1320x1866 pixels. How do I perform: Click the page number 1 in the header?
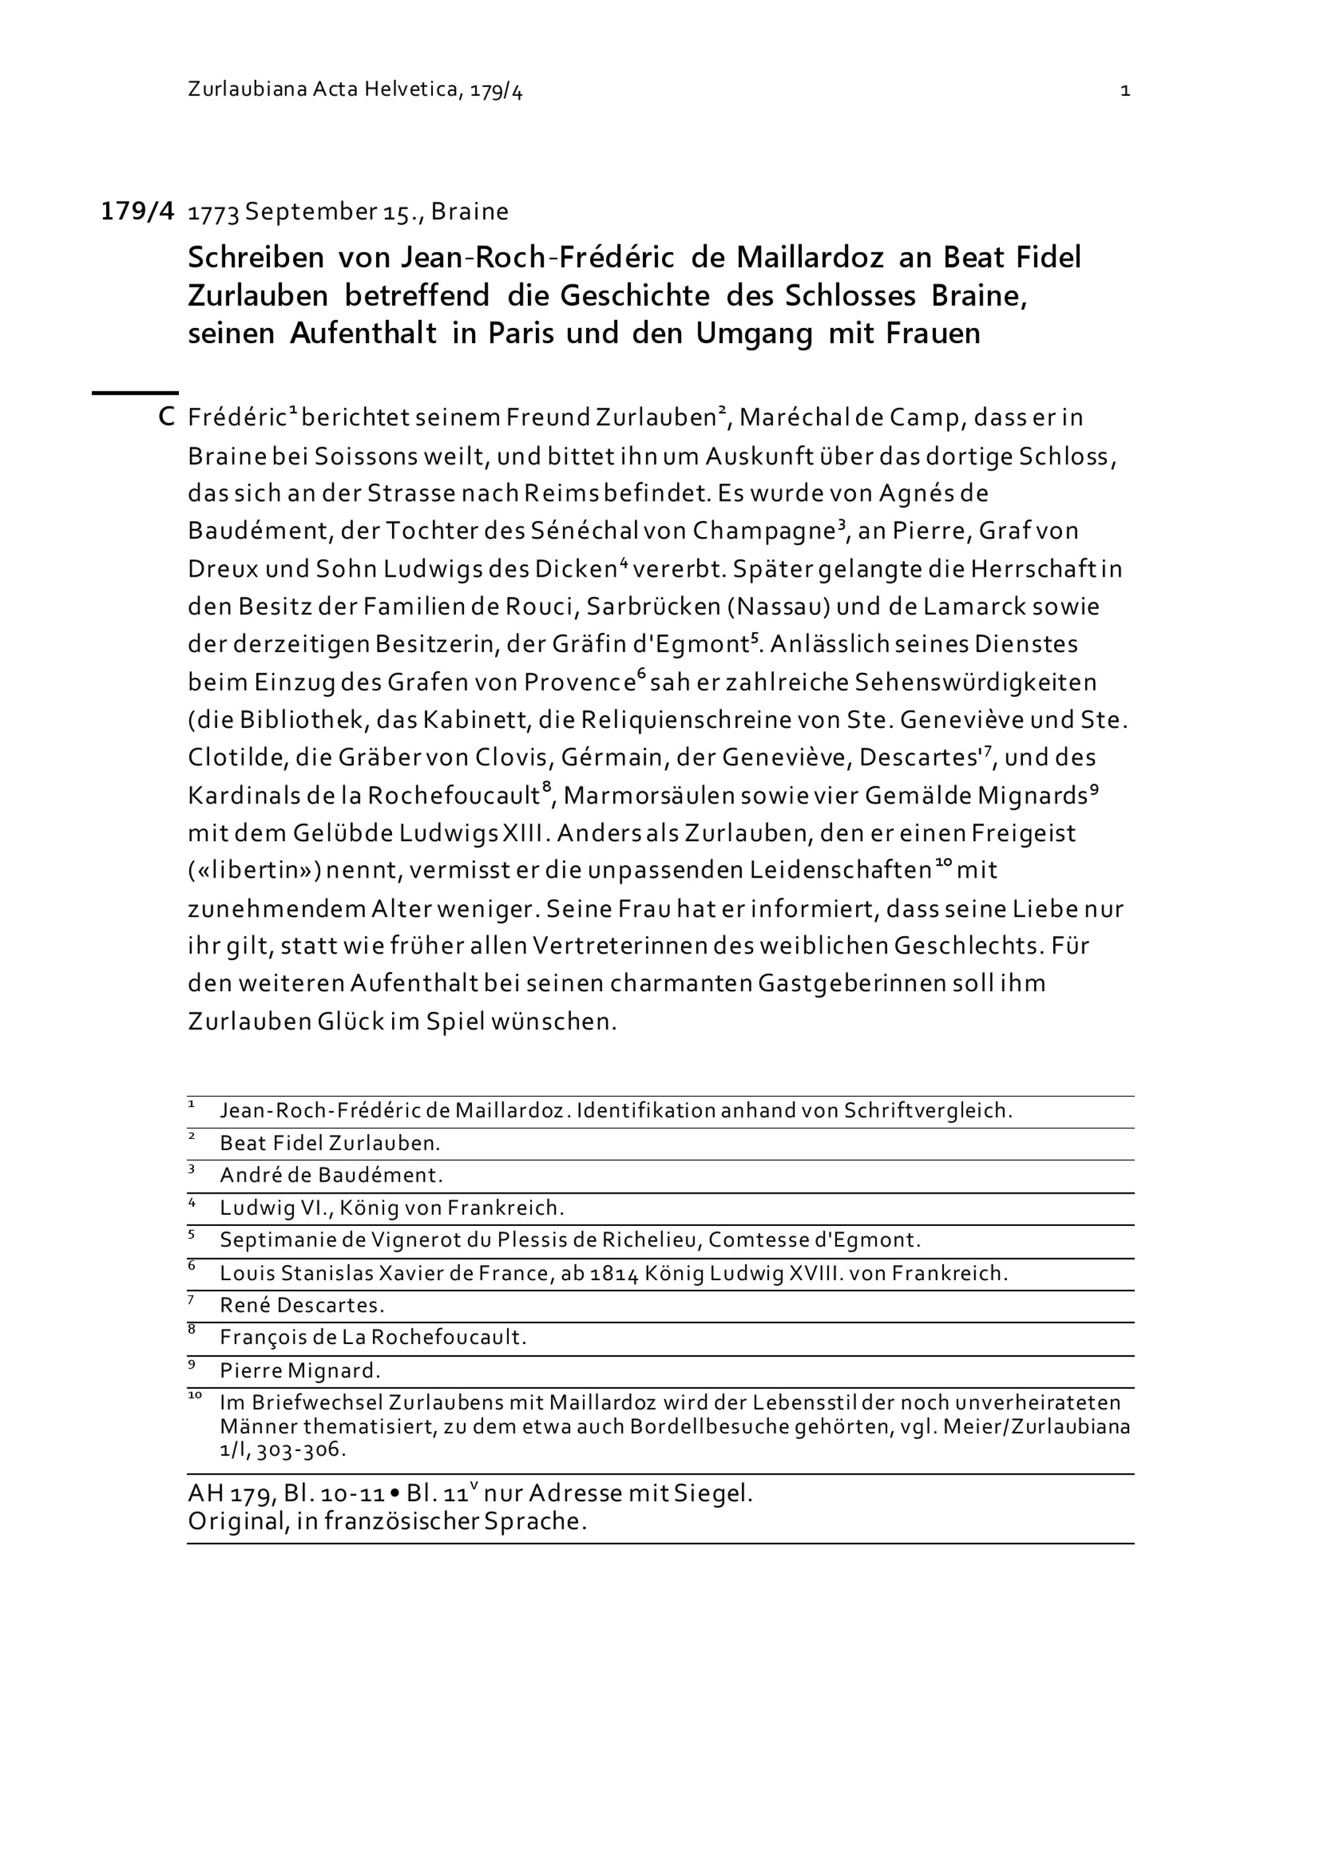click(1125, 91)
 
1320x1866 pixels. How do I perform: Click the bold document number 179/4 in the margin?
click(137, 211)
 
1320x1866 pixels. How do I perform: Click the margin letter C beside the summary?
click(166, 418)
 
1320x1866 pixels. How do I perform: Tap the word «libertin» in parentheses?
click(254, 870)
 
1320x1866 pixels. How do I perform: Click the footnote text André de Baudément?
click(331, 1176)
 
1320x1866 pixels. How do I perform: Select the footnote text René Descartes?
click(302, 1306)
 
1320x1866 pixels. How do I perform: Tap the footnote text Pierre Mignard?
click(300, 1371)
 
